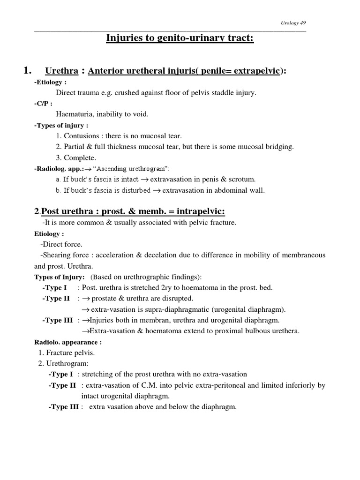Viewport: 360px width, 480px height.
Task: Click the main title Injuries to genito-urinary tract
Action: point(180,37)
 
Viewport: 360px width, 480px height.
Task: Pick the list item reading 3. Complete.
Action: point(75,157)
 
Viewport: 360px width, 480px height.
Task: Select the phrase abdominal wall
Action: point(241,190)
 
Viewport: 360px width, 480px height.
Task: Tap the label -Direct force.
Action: point(61,244)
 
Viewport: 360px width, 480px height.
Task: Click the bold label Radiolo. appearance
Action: point(68,342)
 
